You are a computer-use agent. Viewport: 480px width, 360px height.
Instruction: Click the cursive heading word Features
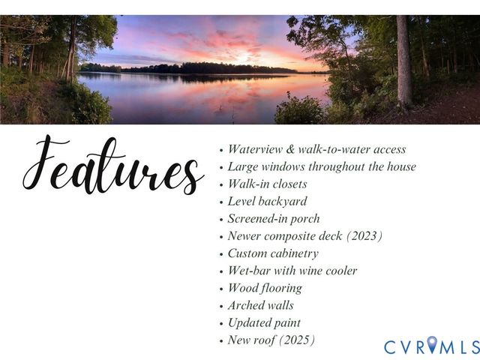pos(112,166)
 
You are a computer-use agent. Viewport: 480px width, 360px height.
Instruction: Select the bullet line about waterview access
pos(316,149)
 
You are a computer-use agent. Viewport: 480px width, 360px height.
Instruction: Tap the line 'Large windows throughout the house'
pos(321,166)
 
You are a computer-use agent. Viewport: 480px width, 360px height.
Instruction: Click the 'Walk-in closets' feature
pos(267,184)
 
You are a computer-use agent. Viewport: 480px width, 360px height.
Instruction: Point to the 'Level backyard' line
pos(267,201)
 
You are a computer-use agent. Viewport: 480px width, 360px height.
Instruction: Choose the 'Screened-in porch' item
pos(274,218)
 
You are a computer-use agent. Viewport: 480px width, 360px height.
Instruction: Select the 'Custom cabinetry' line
pos(273,253)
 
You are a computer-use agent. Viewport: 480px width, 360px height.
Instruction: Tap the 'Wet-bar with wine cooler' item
pos(292,270)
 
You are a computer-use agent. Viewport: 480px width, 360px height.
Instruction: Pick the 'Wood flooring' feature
pos(265,288)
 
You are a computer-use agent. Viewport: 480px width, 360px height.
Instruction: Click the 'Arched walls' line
pos(261,305)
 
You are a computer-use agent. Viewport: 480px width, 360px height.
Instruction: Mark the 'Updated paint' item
pos(264,322)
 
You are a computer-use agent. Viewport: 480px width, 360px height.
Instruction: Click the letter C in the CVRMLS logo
pos(390,347)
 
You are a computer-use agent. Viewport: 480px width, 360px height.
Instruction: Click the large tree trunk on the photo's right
pos(404,60)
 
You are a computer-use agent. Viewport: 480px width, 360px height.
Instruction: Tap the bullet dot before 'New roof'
pos(220,341)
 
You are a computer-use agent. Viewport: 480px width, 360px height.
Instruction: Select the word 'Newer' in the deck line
pos(244,235)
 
